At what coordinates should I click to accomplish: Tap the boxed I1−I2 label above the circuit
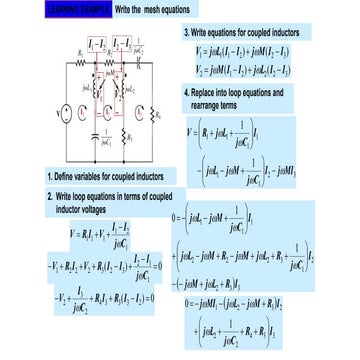point(96,44)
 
